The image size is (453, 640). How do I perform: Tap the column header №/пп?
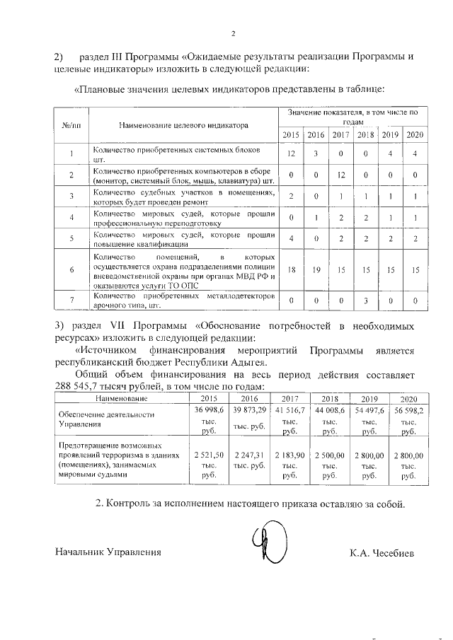(x=71, y=126)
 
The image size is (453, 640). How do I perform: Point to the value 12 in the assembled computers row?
(x=340, y=175)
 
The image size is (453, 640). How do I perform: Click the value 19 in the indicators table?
(x=316, y=270)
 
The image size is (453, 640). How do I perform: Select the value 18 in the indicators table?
(x=291, y=270)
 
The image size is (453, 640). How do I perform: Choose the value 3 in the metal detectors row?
(x=365, y=301)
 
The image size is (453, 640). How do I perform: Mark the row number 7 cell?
(x=71, y=301)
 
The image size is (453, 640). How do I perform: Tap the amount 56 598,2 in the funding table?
(x=409, y=409)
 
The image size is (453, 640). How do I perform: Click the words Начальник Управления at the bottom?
(x=108, y=552)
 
